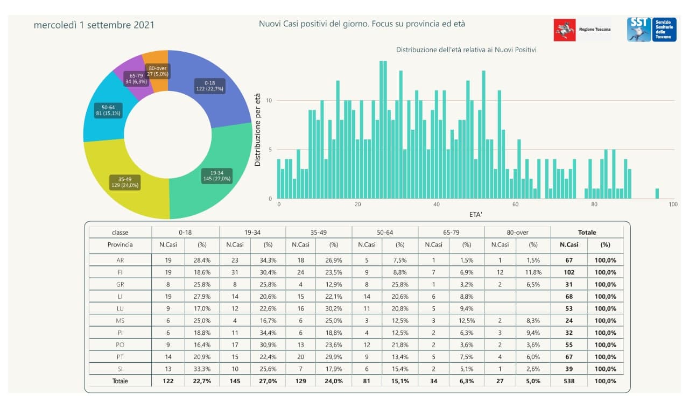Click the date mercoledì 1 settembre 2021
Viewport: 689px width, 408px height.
pyautogui.click(x=94, y=25)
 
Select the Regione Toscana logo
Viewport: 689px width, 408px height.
pyautogui.click(x=583, y=30)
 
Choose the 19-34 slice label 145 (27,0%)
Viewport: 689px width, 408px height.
pyautogui.click(x=217, y=175)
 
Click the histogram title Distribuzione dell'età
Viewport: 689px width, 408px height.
pyautogui.click(x=466, y=50)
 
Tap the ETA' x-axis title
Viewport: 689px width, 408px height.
pyautogui.click(x=475, y=214)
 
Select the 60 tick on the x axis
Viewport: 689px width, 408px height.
pyautogui.click(x=515, y=205)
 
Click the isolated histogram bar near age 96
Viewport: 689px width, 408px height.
pyautogui.click(x=657, y=193)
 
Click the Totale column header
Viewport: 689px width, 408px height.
pyautogui.click(x=587, y=233)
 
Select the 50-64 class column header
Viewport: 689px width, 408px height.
pyautogui.click(x=385, y=233)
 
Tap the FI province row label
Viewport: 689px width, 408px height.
pyautogui.click(x=120, y=272)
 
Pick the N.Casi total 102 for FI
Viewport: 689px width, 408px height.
pyautogui.click(x=569, y=272)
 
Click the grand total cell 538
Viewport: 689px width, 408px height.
pyautogui.click(x=569, y=381)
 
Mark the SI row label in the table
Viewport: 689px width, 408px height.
pyautogui.click(x=120, y=369)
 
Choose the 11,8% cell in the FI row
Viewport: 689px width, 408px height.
pyautogui.click(x=533, y=272)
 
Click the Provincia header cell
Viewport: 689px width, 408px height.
pyautogui.click(x=120, y=244)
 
